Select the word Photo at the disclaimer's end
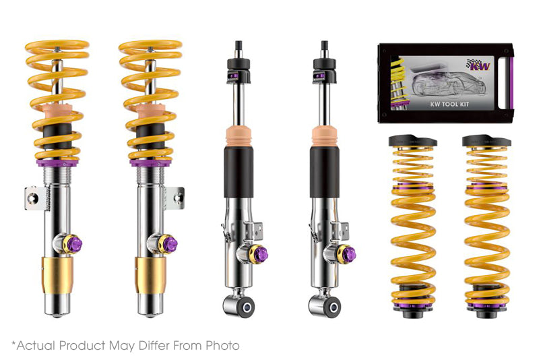click(x=222, y=345)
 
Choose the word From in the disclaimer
click(x=189, y=345)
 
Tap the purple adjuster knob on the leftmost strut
click(x=75, y=243)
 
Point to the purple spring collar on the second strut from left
click(x=150, y=162)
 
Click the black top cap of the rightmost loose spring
click(x=486, y=142)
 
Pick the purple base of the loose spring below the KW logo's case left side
click(x=412, y=305)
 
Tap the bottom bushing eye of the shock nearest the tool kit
click(x=325, y=305)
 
